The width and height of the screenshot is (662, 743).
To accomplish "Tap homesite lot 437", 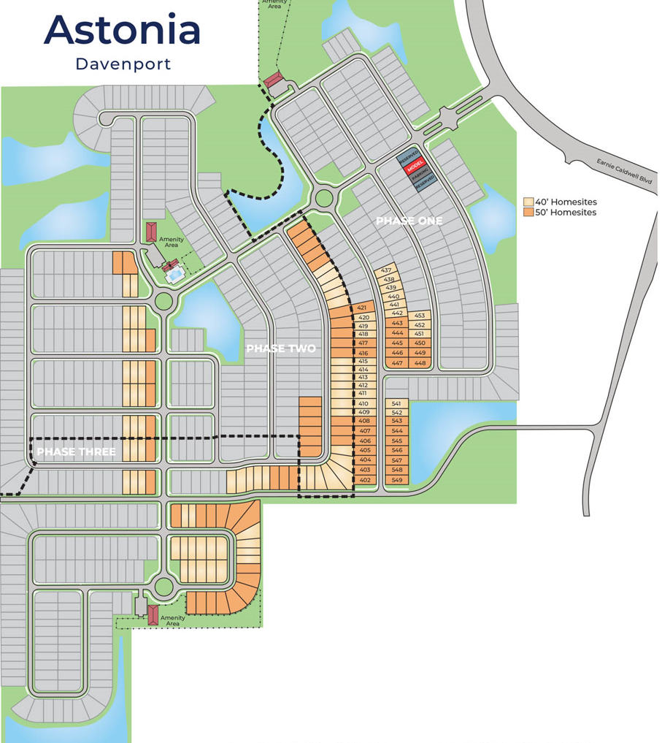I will coord(386,270).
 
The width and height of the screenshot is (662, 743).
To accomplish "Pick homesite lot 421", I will coord(363,308).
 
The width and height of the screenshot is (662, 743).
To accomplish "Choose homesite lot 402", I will coord(365,480).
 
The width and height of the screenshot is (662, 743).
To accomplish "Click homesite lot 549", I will coord(397,480).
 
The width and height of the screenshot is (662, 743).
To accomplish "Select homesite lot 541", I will coord(396,403).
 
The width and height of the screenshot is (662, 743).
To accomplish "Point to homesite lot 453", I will coord(420,316).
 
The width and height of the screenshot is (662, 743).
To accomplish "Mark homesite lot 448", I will coord(420,363).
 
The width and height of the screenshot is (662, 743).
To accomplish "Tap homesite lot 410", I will coord(363,404).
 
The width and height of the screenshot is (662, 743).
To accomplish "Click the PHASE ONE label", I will coord(409,221).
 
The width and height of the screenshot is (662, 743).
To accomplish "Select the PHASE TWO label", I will coord(281,349).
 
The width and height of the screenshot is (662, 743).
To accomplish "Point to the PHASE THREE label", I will coord(76,452).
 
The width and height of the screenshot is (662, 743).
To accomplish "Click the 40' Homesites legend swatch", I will coord(528,202).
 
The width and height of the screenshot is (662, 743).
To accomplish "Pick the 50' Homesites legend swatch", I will coord(528,213).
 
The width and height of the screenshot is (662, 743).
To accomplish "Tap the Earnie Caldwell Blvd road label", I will coord(623,176).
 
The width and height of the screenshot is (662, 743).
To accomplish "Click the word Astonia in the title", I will coord(122,30).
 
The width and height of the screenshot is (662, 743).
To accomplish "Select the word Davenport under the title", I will coord(123,64).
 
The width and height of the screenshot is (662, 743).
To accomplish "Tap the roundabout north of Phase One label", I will coord(323,197).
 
